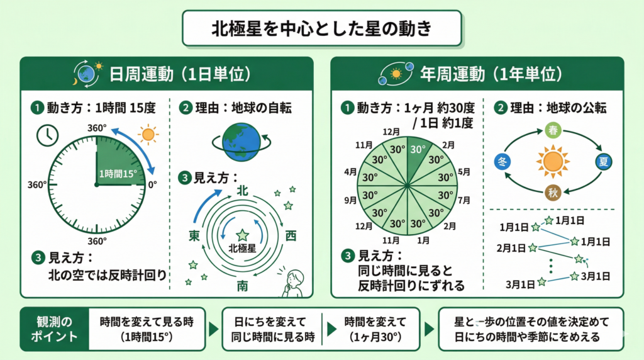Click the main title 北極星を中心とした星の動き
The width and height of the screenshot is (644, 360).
click(321, 28)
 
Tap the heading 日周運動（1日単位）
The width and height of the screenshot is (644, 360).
click(180, 74)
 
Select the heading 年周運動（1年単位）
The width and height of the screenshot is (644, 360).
click(491, 74)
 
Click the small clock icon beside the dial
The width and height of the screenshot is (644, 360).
click(48, 135)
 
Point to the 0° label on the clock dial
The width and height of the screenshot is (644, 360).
click(152, 185)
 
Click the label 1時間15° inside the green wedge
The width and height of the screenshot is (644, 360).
click(118, 174)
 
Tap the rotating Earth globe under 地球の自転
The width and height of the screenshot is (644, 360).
click(241, 142)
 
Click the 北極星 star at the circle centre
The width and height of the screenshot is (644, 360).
click(242, 235)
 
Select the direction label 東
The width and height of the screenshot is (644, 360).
click(194, 235)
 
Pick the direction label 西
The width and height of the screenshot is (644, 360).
click(291, 236)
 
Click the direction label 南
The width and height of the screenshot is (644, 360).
click(242, 286)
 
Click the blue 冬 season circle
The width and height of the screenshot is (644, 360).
click(502, 162)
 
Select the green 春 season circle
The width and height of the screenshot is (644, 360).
click(553, 130)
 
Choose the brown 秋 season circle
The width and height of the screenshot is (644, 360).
click(553, 193)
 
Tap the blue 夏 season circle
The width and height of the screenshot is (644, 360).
click(603, 162)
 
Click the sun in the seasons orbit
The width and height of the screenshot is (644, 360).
click(553, 162)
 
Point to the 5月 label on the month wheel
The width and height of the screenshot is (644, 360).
click(464, 172)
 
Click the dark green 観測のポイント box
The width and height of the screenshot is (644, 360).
click(55, 329)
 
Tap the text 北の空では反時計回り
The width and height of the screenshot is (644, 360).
click(108, 275)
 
